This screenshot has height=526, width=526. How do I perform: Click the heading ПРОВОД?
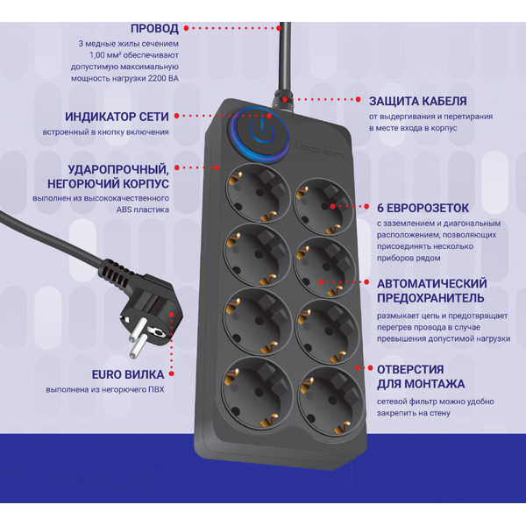[x=153, y=28]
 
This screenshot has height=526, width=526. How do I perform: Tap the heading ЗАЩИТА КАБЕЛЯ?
[x=417, y=101]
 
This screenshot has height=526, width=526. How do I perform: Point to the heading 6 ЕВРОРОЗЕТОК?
[x=423, y=208]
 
